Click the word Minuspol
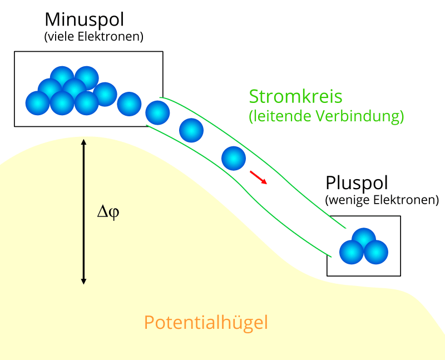tap(84, 20)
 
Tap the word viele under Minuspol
tap(62, 37)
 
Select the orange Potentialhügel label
tap(206, 322)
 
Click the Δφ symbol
tap(108, 212)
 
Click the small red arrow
tap(258, 177)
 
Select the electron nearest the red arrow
tap(234, 158)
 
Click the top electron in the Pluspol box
tap(364, 240)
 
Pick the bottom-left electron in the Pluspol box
tap(352, 252)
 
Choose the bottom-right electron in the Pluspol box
tap(376, 252)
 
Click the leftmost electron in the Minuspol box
tap(38, 103)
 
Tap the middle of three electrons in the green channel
tap(191, 131)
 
